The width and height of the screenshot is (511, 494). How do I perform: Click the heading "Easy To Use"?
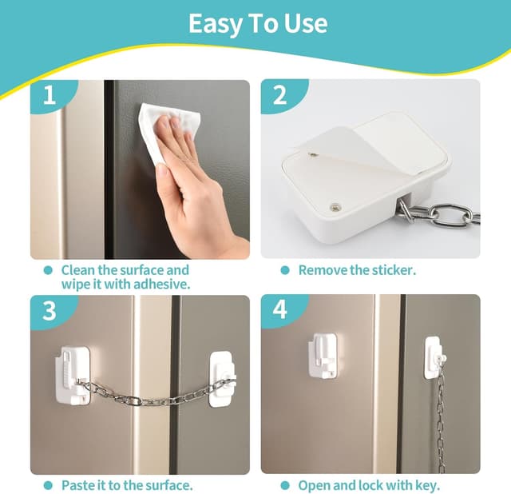[258, 23]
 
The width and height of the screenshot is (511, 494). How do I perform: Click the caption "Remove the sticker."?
[357, 270]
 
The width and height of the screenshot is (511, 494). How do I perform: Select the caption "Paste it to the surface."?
[127, 485]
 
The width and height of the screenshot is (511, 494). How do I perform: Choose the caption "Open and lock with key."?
[369, 485]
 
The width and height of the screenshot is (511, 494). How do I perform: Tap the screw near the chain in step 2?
[334, 206]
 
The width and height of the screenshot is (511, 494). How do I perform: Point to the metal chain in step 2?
[438, 216]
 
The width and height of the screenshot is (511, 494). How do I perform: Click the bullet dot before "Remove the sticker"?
[285, 270]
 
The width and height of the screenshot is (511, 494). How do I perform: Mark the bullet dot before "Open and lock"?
[285, 485]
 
